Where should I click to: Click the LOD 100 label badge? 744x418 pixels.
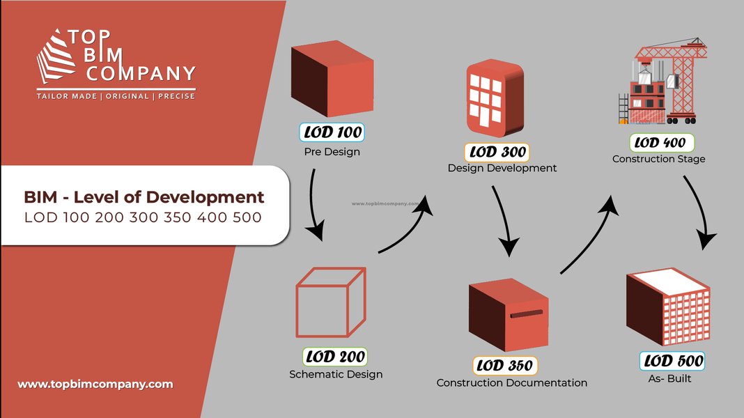332,132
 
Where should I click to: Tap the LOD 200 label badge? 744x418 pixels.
334,357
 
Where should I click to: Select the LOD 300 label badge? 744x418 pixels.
496,151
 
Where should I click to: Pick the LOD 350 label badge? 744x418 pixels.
506,365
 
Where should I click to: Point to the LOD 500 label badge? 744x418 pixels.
672,361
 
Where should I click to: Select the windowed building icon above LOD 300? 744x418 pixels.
495,98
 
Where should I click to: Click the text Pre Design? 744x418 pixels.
332,151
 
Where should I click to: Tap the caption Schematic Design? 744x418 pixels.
336,374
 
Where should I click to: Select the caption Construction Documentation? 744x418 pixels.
511,382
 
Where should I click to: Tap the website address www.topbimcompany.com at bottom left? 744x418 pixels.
95,384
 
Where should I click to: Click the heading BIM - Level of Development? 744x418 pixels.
144,197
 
